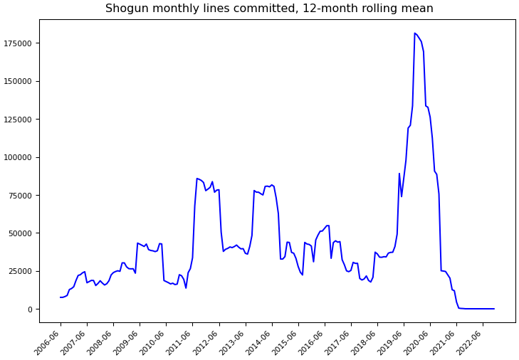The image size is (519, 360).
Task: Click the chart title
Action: click(x=269, y=9)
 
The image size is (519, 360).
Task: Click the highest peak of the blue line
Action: click(x=414, y=33)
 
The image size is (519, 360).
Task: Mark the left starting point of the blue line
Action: click(x=61, y=297)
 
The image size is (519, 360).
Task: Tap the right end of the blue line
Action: click(x=494, y=309)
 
